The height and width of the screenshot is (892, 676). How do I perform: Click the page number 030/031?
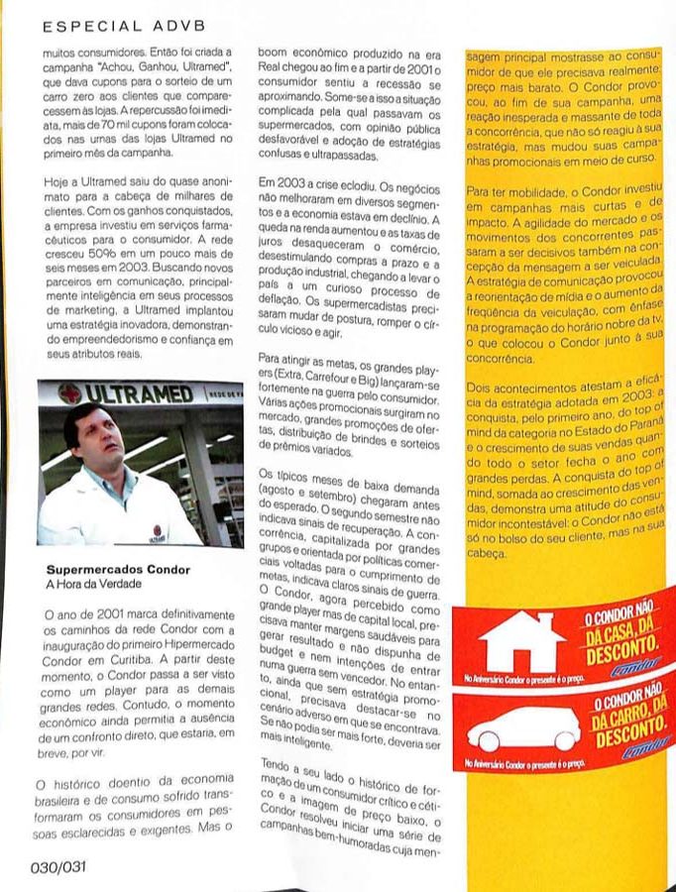click(57, 865)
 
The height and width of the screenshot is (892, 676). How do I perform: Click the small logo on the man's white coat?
click(159, 533)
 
